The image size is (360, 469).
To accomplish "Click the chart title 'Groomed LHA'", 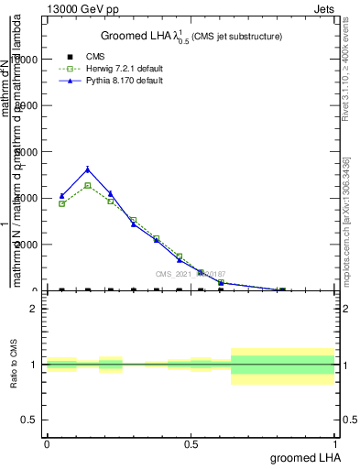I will pos(137,36).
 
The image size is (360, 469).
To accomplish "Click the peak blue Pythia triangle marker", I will pos(88,169).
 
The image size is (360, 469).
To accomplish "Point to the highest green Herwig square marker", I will pos(88,185).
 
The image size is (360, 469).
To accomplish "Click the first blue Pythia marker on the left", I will pos(62,196).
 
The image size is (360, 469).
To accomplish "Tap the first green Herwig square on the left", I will pos(62,203).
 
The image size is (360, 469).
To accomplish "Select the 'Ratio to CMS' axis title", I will pos(14,365).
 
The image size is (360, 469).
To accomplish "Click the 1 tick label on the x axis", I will pos(335,443).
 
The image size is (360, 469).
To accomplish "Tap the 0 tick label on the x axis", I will pos(47,443).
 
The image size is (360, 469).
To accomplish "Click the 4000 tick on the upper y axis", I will pos(26,198).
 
